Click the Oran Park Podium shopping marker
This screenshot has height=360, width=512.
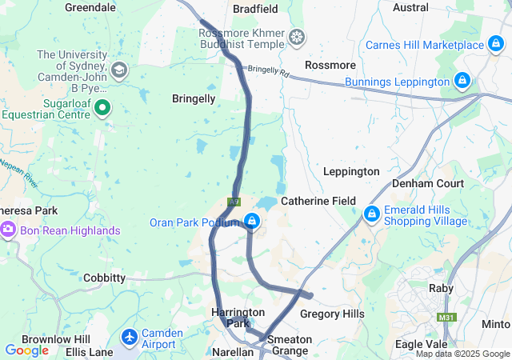coord(252,221)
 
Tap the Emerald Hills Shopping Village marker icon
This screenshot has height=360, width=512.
coord(371,214)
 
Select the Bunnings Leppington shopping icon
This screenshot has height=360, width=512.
coord(462,81)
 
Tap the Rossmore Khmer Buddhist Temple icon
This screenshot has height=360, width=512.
coord(297,37)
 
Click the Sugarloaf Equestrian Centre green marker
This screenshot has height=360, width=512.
coord(102,107)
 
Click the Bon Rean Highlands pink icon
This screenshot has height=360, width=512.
coord(9,230)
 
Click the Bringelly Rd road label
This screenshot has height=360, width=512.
coord(268,72)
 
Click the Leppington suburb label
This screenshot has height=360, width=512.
coord(350,171)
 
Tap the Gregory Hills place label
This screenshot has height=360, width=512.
coord(332,314)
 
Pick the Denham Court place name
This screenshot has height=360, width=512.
coord(428,183)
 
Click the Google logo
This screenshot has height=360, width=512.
coord(26,350)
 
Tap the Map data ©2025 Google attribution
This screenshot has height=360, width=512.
coord(462,354)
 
